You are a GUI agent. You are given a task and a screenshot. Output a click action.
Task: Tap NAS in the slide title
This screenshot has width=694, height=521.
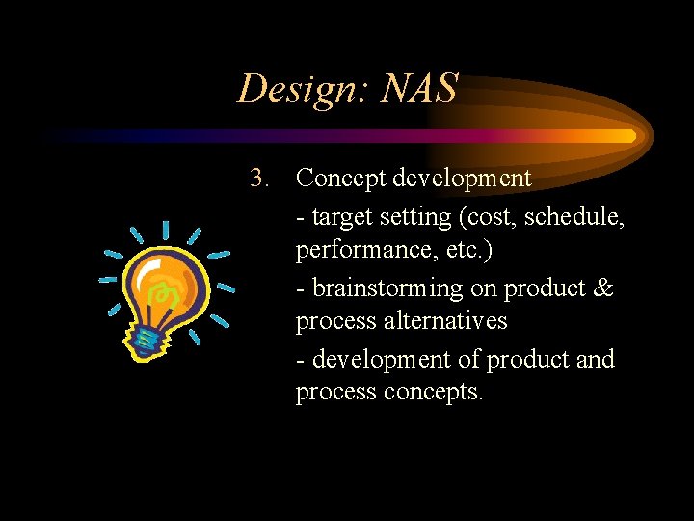coord(419,90)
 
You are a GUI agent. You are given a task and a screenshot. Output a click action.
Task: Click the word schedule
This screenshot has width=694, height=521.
coord(575,218)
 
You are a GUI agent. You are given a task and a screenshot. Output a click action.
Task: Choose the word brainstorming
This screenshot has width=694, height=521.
coord(387,288)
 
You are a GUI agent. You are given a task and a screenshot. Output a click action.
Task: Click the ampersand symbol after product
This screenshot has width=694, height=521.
coord(604,288)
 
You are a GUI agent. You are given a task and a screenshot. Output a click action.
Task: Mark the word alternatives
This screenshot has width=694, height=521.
coord(447,320)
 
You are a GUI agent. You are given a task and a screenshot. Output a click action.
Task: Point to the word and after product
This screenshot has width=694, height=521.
coord(595,360)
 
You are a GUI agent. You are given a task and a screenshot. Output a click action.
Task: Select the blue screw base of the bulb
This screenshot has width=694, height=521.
coord(145,338)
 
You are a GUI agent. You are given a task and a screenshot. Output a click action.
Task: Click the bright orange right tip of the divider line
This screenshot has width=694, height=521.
coord(627,136)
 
